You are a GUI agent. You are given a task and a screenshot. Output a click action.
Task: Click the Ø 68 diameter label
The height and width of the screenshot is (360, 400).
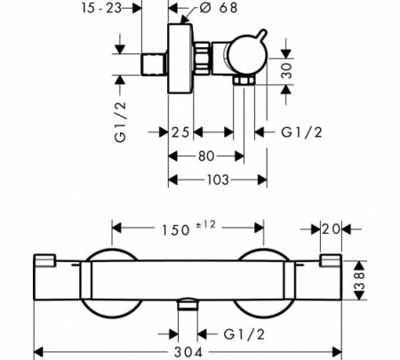tap(219, 8)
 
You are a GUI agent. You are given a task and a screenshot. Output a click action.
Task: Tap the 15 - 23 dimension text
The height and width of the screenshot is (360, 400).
tap(101, 8)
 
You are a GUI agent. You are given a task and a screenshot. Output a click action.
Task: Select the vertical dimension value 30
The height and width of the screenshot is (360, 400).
tap(286, 71)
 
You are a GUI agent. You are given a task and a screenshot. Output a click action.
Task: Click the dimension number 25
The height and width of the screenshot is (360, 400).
tap(180, 132)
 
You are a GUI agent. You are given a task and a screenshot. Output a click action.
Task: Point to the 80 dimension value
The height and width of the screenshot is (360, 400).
tap(206, 156)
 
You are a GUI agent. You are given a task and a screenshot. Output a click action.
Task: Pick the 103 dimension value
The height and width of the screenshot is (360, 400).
tap(218, 180)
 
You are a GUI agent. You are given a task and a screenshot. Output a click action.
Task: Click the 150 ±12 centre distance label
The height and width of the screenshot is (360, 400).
tap(188, 228)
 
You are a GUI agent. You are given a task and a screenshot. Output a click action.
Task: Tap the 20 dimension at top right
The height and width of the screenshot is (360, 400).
tap(331, 229)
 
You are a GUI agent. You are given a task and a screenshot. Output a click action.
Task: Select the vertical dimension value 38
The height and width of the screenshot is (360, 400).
tap(360, 281)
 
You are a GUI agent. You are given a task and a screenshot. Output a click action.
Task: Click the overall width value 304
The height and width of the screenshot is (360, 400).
tap(188, 353)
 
